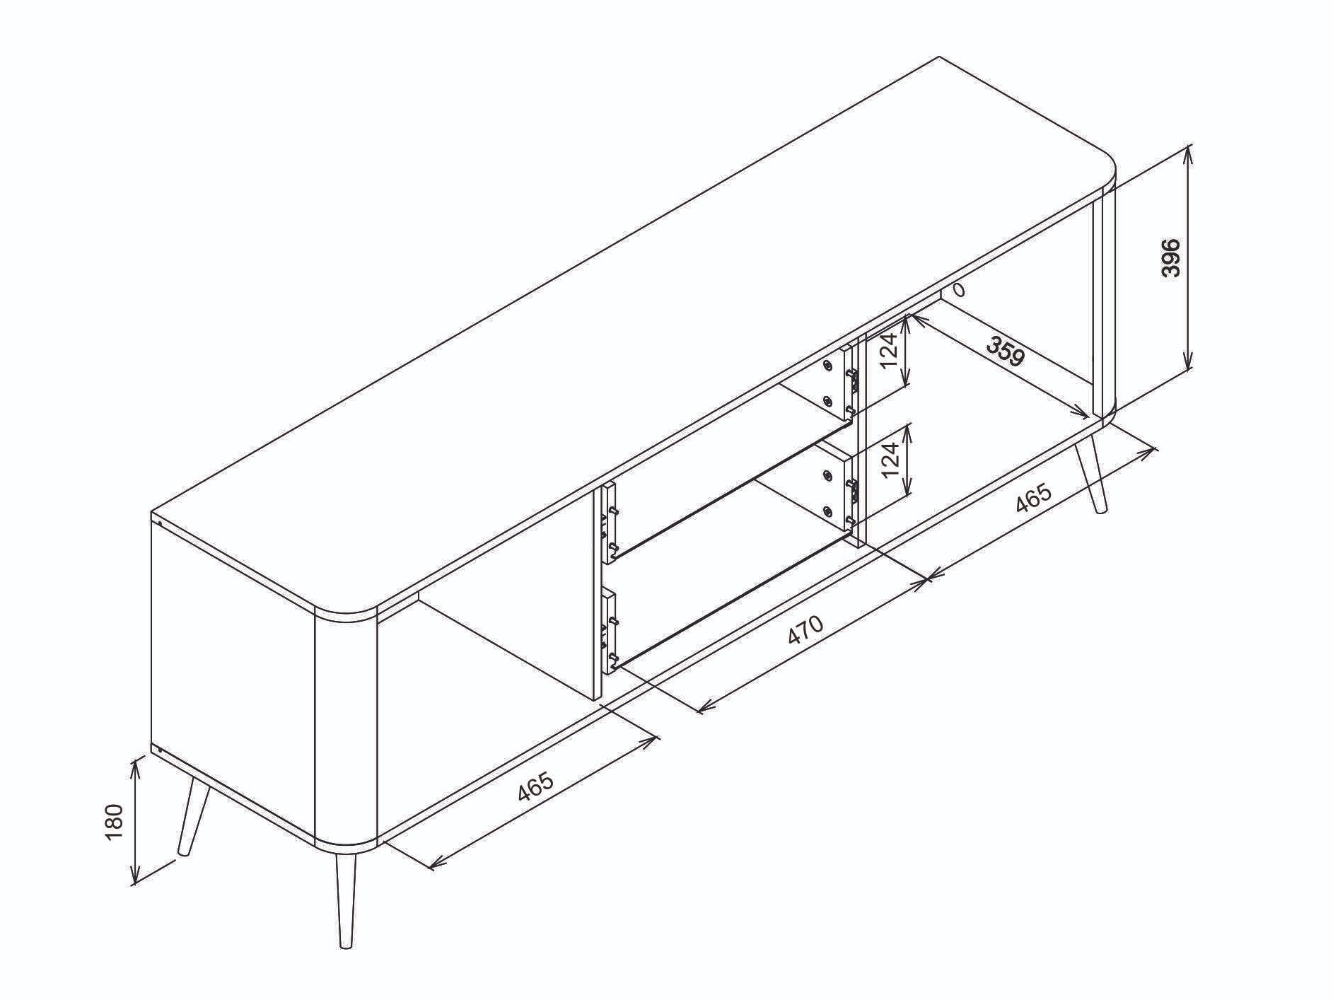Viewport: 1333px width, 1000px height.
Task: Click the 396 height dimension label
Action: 1171,257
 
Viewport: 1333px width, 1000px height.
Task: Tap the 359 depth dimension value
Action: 1006,351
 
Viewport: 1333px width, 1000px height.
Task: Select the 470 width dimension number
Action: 805,629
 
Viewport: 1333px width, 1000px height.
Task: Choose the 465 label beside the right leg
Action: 1033,499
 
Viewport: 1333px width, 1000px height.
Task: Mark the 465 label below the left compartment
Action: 535,786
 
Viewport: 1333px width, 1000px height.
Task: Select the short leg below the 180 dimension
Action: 192,815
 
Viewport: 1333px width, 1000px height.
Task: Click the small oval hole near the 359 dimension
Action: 958,289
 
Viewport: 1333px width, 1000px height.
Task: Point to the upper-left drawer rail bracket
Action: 608,523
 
